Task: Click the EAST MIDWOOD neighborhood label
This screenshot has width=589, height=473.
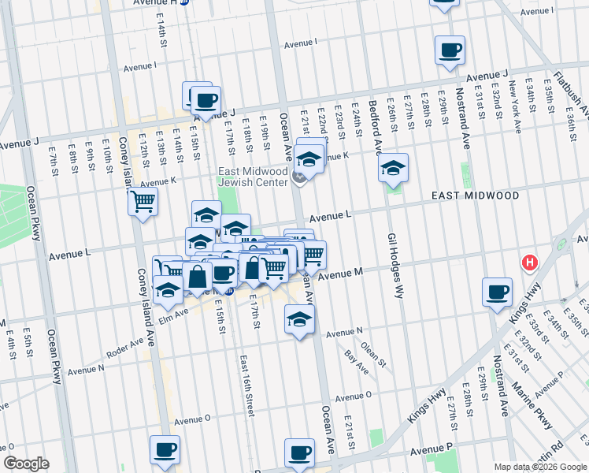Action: tap(474, 195)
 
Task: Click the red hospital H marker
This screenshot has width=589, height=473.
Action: tap(531, 263)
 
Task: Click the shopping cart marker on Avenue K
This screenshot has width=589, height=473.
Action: tap(143, 201)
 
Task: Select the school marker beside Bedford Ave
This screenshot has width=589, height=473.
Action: tap(393, 168)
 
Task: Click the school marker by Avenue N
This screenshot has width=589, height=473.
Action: tap(299, 319)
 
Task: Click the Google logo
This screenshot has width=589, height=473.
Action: tap(28, 464)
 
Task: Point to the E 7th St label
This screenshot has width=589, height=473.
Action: tap(52, 159)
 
